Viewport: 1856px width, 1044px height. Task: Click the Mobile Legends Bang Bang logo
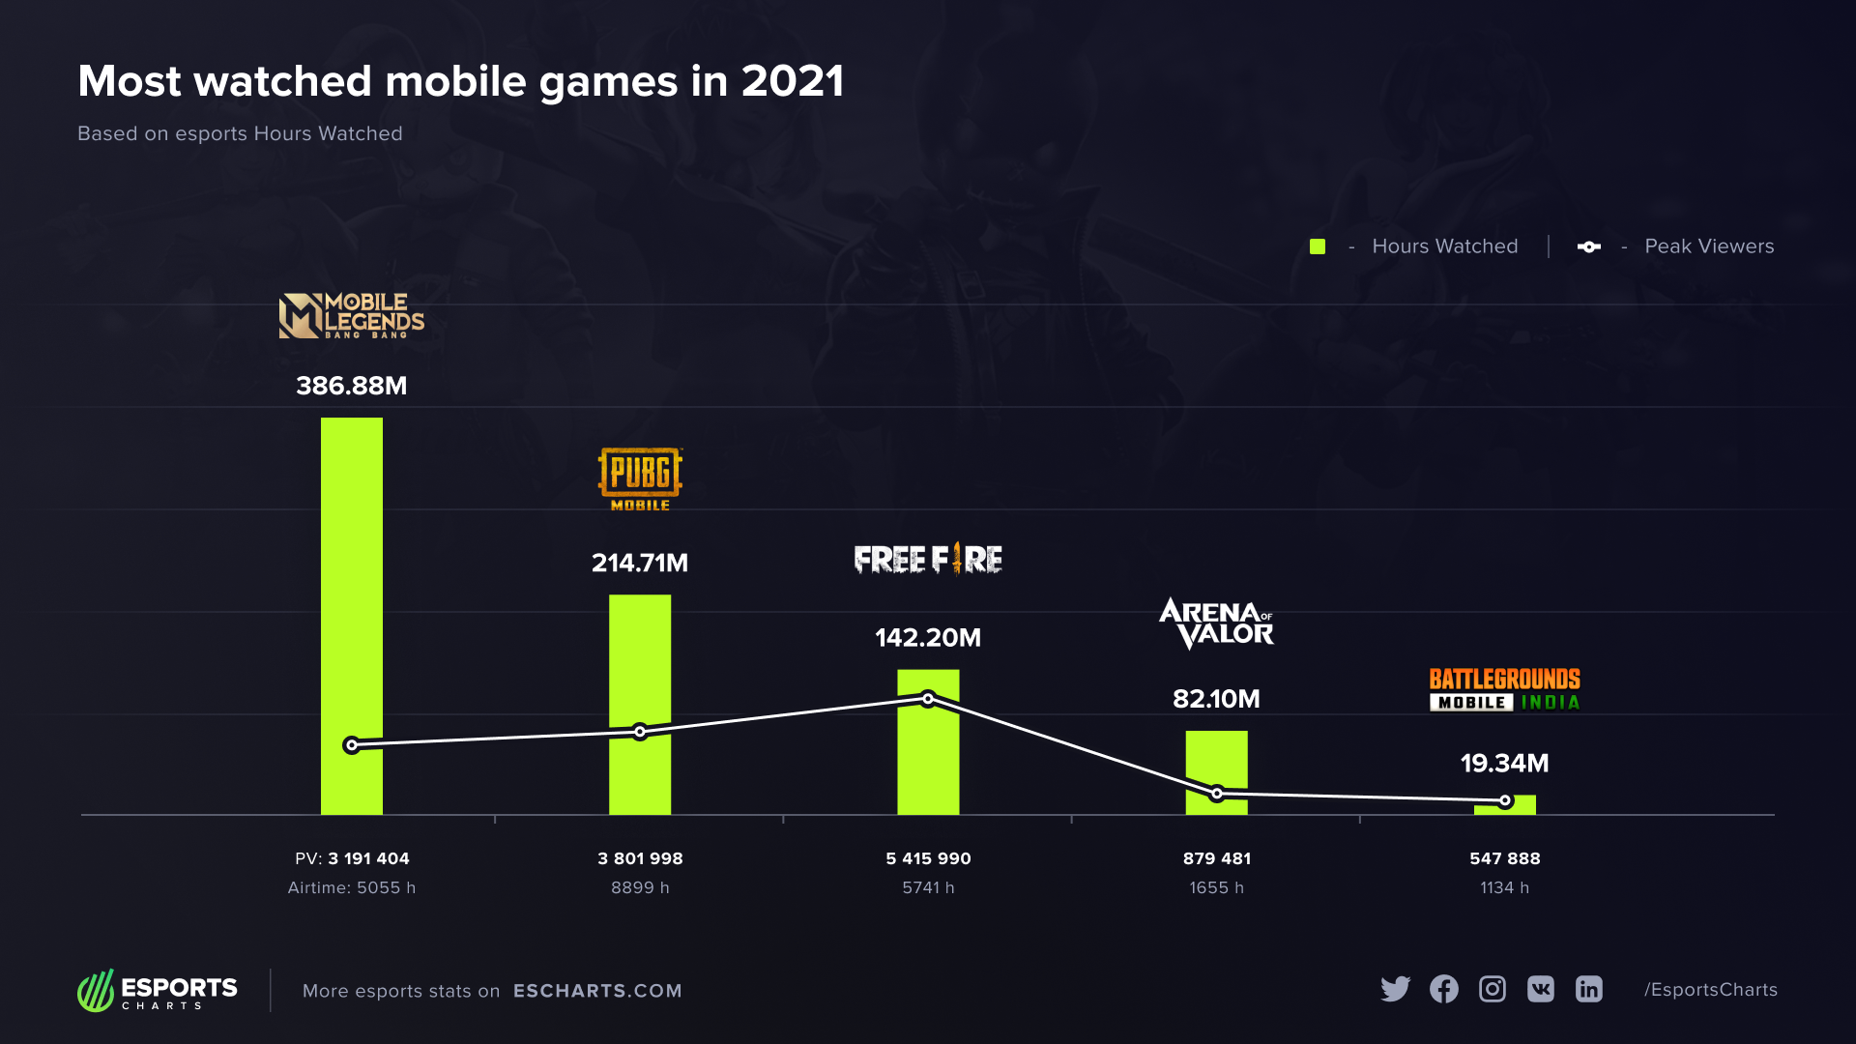352,315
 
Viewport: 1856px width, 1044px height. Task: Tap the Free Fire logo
928,559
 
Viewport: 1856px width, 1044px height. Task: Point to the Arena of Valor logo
1216,623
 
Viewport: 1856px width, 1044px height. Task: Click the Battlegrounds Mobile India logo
1504,689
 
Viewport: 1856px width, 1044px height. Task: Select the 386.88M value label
352,386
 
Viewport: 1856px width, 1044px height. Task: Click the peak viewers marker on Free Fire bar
928,698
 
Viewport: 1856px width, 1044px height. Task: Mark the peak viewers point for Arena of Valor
1217,794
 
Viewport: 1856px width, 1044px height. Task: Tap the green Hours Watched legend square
1318,246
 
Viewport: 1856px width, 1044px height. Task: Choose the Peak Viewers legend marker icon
1589,246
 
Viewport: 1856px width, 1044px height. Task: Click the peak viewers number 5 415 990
928,858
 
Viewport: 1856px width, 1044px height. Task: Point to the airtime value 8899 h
640,887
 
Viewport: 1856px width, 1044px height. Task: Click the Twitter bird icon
1395,989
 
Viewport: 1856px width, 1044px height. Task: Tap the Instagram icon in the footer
1493,989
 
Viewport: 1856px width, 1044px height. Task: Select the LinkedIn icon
1589,989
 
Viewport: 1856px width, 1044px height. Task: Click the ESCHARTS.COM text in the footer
597,991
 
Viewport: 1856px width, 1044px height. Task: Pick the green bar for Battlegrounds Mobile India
1504,805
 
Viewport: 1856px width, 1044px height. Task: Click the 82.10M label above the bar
1216,699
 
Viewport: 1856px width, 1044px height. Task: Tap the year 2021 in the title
793,81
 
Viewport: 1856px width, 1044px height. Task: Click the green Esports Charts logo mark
96,991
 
